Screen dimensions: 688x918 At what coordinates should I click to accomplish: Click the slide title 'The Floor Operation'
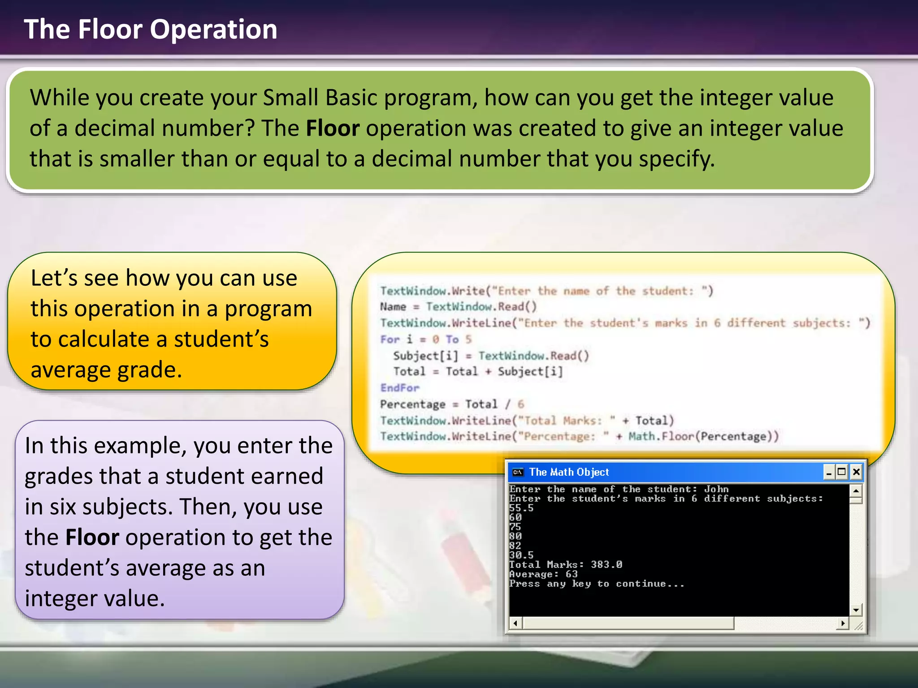pos(151,30)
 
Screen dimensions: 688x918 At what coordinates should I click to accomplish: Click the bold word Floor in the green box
pos(333,129)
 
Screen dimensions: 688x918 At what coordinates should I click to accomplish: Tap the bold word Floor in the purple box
pos(92,537)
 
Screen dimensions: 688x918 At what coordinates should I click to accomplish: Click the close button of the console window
pos(856,472)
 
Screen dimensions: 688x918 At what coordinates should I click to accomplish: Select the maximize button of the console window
pos(841,472)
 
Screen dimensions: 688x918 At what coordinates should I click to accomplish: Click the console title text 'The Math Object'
pos(569,472)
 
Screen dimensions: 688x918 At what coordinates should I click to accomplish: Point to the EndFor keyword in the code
pos(400,388)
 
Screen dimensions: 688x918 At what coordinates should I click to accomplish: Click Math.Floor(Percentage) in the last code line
pos(703,436)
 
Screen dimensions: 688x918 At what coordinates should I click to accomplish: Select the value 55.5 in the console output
pos(521,508)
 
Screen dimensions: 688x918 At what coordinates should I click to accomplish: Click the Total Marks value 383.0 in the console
pos(606,564)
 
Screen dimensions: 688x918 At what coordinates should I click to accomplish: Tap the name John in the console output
pos(716,489)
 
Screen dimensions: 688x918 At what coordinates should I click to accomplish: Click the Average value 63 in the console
pos(572,574)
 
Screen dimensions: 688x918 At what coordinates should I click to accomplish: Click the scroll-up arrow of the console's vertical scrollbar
pos(856,490)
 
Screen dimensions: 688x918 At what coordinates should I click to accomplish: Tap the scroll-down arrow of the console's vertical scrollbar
pos(856,610)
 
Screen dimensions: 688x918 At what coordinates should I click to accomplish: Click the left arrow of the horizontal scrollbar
pos(515,623)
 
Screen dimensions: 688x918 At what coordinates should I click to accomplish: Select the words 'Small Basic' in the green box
pos(320,98)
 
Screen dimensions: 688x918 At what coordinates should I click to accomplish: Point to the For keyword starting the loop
pos(390,340)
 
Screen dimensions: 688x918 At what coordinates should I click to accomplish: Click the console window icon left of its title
pos(518,472)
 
